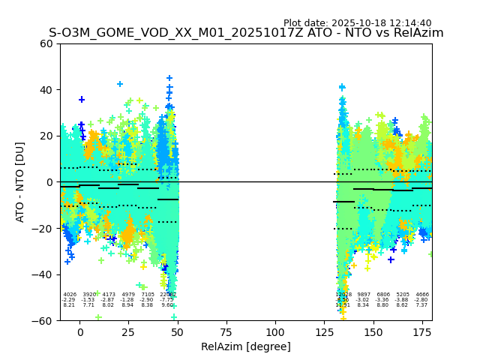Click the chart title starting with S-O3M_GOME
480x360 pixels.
click(246, 33)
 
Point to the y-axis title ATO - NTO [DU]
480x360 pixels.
click(21, 181)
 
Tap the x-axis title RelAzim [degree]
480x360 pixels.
click(246, 346)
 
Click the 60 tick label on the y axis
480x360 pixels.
click(46, 43)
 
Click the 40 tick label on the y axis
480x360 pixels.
click(46, 90)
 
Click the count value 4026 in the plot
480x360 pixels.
click(70, 295)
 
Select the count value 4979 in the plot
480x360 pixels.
click(128, 295)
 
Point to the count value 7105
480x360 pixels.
click(148, 295)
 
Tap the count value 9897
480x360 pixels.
click(364, 295)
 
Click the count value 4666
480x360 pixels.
click(422, 295)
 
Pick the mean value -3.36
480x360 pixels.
click(383, 300)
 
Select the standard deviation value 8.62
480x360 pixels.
click(403, 305)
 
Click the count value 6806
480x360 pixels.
click(383, 295)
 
